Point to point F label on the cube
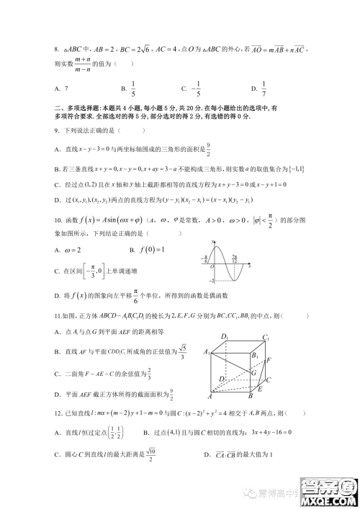[269, 359]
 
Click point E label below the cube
[260, 389]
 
